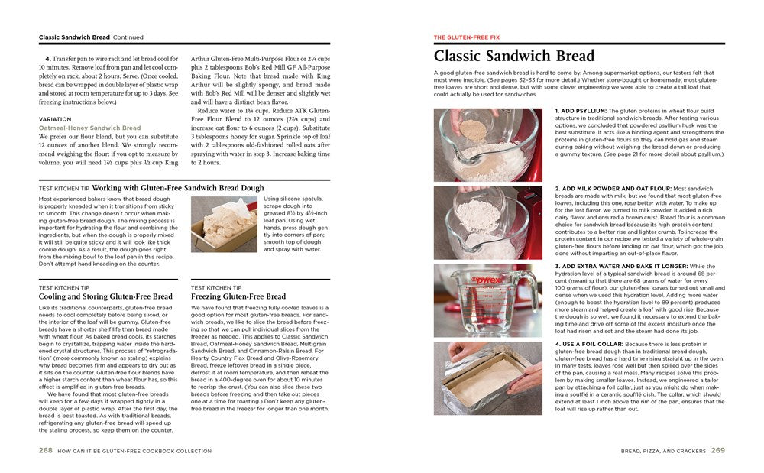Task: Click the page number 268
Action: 46,451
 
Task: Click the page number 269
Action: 717,451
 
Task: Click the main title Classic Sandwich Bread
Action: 514,56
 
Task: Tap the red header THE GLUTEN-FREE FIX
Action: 466,37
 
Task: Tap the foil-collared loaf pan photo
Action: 487,377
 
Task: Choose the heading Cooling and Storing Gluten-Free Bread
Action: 107,296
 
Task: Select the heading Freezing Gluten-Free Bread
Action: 238,296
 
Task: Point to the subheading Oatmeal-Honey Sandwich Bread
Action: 89,128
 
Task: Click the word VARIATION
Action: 55,119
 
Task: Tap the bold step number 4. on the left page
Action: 48,58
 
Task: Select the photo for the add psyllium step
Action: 487,144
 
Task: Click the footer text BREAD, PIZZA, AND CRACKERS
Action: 663,452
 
